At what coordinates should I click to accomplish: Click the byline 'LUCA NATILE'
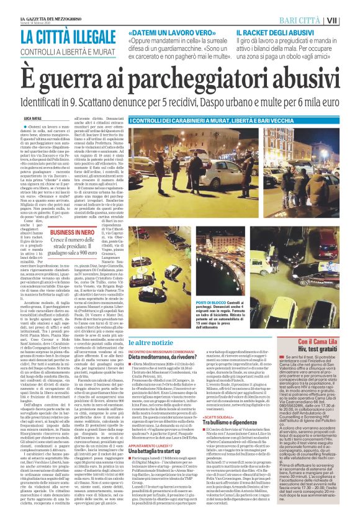coord(34,116)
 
